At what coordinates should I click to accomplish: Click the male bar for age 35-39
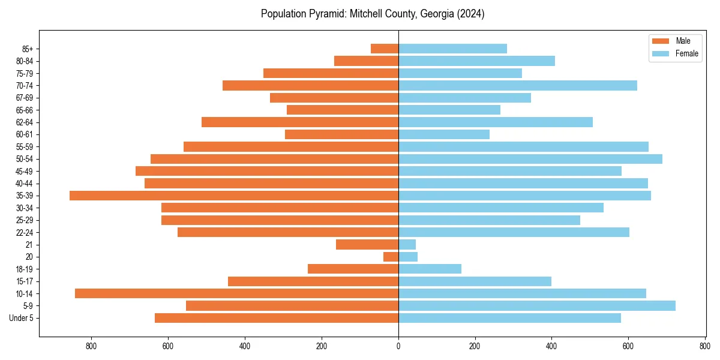234,196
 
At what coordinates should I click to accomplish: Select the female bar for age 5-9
537,306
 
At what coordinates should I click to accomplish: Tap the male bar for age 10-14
236,293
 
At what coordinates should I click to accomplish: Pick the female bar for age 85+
452,49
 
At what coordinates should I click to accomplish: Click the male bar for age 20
391,257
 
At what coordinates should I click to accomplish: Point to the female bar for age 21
407,245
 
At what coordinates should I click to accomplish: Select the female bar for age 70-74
518,86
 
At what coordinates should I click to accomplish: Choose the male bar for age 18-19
353,269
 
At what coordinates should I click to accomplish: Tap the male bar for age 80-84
367,61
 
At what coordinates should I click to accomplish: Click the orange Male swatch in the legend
661,41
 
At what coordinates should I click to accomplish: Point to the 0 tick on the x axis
398,346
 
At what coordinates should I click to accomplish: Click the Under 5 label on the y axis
22,318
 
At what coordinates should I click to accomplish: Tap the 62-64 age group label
25,122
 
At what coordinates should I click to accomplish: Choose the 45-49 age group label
25,171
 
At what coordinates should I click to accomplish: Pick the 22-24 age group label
25,232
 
